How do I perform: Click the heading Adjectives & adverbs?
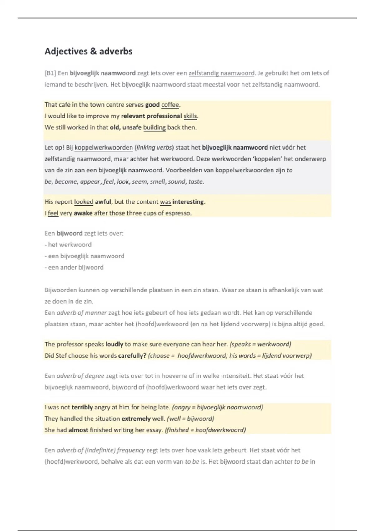88,51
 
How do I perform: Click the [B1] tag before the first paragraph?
50,73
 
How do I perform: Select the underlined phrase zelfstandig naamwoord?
221,73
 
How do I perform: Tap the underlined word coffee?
170,105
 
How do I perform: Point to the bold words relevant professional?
151,116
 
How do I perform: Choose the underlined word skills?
190,116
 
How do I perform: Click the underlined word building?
154,127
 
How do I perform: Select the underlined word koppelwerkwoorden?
103,147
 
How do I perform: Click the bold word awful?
103,202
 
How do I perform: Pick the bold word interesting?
188,202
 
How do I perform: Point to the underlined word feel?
53,213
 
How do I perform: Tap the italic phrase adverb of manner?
82,313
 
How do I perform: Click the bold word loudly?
114,344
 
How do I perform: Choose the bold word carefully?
132,355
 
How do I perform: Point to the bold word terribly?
82,407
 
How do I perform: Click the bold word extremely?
136,419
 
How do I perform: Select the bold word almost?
78,430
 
